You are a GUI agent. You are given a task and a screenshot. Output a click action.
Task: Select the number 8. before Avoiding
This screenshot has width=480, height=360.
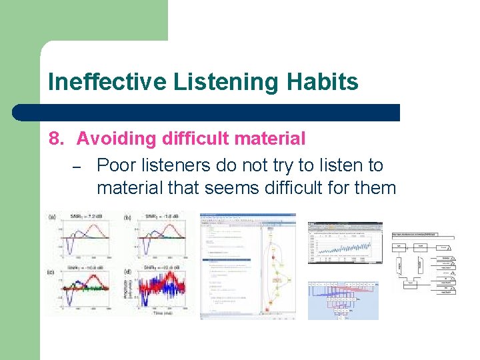[57, 139]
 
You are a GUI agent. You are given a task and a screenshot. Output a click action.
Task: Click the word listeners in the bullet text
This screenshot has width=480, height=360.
[177, 165]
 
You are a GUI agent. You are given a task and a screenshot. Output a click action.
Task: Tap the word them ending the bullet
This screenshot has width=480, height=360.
[375, 188]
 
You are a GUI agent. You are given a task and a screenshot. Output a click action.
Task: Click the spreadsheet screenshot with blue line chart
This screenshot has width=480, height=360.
[345, 243]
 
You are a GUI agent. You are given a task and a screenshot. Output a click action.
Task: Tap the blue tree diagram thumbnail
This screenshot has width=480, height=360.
[343, 299]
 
